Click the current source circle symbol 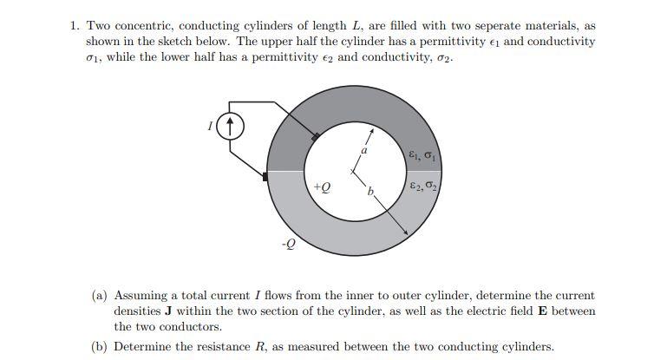[x=229, y=128]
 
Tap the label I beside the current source [x=210, y=128]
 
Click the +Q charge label [x=320, y=187]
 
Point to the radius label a [x=363, y=151]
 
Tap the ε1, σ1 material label [x=424, y=155]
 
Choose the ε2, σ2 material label [x=424, y=186]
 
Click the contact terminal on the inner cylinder [x=315, y=136]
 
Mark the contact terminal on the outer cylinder [x=265, y=176]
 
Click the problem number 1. [x=74, y=26]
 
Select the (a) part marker [x=100, y=296]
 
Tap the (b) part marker [x=100, y=346]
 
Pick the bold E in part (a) [x=542, y=311]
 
